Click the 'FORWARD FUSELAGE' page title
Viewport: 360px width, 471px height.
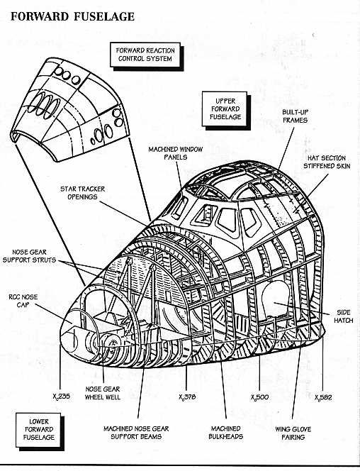coord(72,16)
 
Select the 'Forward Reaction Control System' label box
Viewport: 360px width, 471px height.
coord(145,55)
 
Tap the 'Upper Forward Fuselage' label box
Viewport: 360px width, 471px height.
coord(225,109)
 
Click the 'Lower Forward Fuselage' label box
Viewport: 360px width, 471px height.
coord(38,430)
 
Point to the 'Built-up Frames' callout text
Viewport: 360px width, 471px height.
coord(295,116)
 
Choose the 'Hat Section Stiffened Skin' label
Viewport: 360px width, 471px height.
coord(327,162)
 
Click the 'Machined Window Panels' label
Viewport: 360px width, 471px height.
coord(176,153)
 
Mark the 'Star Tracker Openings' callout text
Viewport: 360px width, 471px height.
coord(82,193)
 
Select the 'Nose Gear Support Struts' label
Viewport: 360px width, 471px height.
coord(29,256)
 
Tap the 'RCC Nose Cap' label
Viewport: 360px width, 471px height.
coord(23,301)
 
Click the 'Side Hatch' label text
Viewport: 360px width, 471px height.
coord(343,316)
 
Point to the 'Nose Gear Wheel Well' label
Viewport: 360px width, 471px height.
coord(103,393)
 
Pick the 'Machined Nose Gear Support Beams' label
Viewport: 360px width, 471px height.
coord(136,433)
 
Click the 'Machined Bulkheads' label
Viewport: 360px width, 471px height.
coord(225,433)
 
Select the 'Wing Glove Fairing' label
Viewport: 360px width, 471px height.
coord(293,433)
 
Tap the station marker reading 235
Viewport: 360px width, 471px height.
coord(61,397)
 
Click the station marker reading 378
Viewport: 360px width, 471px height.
coord(187,397)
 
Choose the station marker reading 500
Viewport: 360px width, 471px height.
coord(260,397)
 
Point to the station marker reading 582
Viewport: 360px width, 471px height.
coord(323,398)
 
